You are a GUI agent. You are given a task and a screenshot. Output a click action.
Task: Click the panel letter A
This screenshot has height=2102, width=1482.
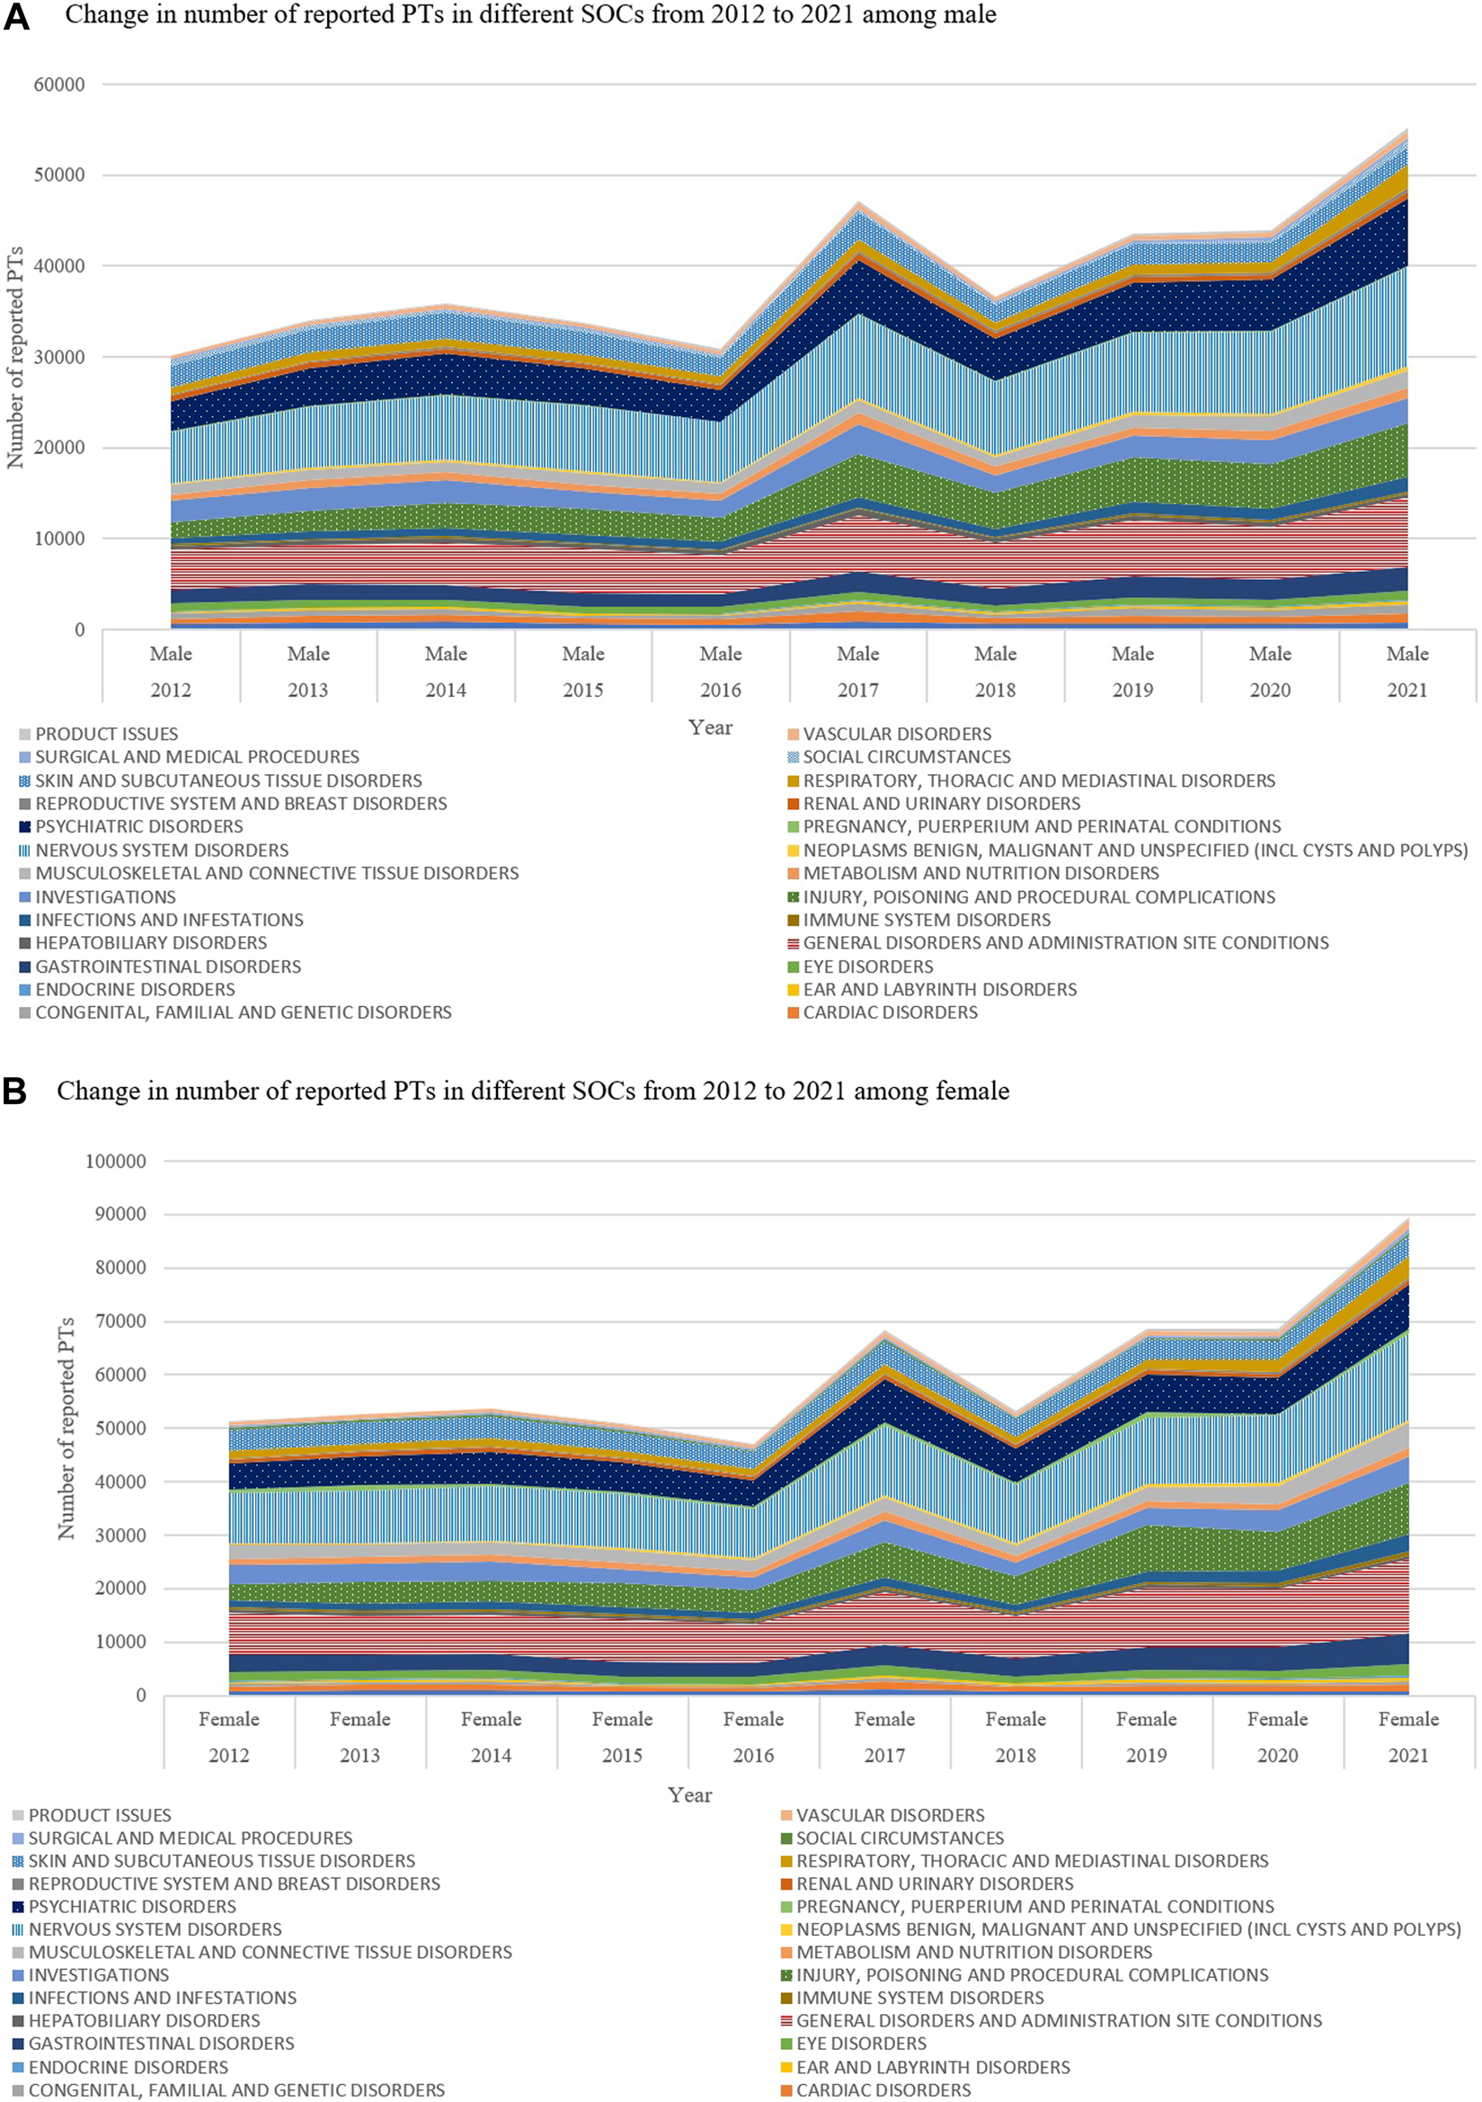[16, 18]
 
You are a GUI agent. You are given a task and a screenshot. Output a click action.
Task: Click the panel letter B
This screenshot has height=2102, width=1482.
[14, 1091]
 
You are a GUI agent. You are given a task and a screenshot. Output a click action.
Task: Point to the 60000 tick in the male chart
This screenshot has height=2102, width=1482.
[58, 85]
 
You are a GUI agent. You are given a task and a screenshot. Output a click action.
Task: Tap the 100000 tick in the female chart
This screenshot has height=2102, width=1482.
[115, 1161]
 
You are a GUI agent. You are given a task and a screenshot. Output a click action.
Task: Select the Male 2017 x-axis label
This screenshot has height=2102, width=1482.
[857, 672]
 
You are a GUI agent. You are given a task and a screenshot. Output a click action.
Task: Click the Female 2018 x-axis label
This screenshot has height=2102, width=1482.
[1016, 1737]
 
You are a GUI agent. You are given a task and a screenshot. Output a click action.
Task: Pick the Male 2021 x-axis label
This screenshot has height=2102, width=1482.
[1407, 672]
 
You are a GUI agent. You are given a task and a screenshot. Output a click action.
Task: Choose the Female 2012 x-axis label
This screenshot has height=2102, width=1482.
[229, 1737]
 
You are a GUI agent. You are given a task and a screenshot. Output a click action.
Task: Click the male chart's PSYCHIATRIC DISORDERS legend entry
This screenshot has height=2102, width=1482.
[138, 827]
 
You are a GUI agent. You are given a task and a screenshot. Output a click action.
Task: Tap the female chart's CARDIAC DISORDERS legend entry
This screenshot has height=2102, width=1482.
[883, 2090]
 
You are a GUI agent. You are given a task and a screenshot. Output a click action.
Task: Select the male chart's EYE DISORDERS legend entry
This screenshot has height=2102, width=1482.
[867, 966]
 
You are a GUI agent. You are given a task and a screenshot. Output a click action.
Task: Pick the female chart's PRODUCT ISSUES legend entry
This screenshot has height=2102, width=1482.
[99, 1814]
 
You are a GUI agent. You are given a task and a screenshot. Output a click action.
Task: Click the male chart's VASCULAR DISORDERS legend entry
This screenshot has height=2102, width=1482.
[896, 735]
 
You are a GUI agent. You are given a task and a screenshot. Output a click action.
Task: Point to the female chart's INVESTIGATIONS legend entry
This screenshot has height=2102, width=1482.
[98, 1974]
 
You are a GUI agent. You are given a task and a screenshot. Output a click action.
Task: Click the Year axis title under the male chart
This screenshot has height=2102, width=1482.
[710, 728]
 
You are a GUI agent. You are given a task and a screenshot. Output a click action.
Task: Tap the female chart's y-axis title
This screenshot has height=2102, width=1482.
[66, 1429]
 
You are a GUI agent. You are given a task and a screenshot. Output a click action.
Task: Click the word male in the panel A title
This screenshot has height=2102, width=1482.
[968, 15]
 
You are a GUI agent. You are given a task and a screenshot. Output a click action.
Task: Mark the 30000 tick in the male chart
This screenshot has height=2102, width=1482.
[58, 357]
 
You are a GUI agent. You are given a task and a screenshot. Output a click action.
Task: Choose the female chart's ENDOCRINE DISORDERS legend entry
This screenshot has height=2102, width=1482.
[128, 2067]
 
